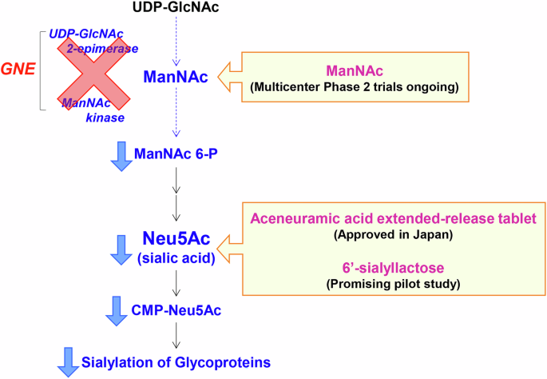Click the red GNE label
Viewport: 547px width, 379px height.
click(21, 70)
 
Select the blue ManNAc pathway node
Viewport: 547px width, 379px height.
click(176, 78)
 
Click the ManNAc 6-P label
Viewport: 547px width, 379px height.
click(176, 153)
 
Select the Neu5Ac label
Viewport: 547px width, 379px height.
click(176, 237)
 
